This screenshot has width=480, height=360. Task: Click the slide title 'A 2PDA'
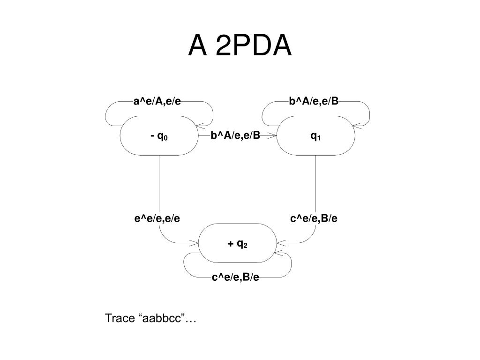240,46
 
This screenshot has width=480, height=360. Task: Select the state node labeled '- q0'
159,136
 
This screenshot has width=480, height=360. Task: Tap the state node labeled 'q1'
315,136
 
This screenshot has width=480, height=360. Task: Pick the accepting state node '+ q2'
237,244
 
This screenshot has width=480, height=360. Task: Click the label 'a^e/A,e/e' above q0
157,101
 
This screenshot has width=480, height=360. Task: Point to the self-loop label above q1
314,101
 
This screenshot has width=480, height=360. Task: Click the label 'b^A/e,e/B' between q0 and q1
235,135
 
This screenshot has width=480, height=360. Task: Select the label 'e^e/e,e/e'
157,218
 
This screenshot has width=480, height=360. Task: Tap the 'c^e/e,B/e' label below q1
314,218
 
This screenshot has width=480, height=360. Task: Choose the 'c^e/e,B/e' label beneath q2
235,277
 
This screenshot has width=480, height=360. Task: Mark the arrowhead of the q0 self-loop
199,126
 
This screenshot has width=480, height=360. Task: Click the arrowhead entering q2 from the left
196,243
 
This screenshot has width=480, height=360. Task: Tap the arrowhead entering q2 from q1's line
279,243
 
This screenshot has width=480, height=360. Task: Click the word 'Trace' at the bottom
120,319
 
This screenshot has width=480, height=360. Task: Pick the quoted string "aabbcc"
161,319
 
